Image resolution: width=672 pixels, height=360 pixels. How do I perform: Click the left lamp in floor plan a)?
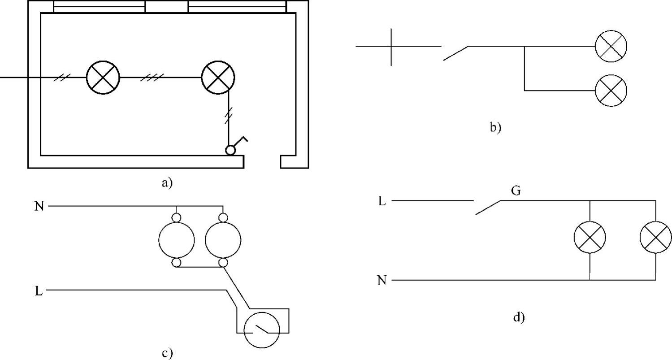[103, 77]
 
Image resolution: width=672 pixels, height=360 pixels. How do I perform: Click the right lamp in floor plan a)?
[218, 77]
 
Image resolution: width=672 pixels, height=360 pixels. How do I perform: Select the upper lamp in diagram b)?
[611, 46]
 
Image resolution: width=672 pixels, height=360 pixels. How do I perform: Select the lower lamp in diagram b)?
[611, 91]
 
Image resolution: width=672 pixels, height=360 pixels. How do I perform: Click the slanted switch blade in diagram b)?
[455, 53]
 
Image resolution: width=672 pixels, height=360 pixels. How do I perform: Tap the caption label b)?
[495, 128]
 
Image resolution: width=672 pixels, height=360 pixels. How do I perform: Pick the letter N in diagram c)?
[39, 207]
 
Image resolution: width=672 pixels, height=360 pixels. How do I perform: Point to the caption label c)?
[167, 353]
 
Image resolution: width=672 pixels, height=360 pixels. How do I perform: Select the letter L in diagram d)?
[382, 201]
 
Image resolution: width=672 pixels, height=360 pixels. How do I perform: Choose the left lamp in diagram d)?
[590, 237]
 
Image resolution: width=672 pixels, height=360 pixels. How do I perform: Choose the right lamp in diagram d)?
[655, 237]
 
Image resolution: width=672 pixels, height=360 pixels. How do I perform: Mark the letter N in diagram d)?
[382, 281]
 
